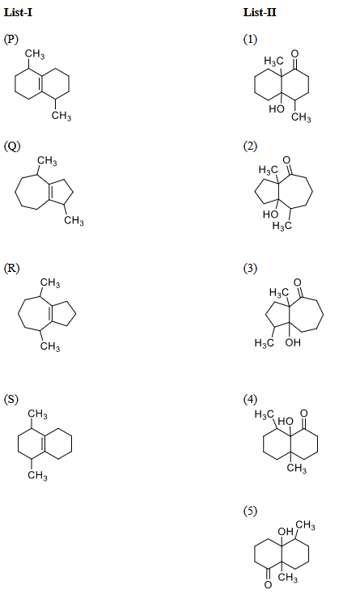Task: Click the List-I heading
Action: coord(18,12)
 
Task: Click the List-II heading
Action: coord(260,12)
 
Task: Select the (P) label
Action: coord(11,39)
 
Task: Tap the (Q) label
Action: coord(12,146)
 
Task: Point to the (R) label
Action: coord(11,268)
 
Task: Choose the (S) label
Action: coord(11,399)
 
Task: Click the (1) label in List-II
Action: coord(250,39)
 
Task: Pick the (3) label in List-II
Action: coord(250,268)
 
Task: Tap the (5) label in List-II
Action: coord(250,511)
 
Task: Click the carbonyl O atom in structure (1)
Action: coord(295,53)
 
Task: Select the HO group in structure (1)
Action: coord(276,108)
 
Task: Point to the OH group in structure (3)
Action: coord(293,342)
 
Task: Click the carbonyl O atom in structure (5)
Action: coord(268,585)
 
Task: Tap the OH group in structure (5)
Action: coord(286,532)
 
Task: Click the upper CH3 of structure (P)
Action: coord(35,54)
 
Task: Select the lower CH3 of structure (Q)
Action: coord(74,220)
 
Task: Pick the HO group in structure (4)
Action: coord(286,422)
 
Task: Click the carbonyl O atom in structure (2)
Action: coord(287,160)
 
